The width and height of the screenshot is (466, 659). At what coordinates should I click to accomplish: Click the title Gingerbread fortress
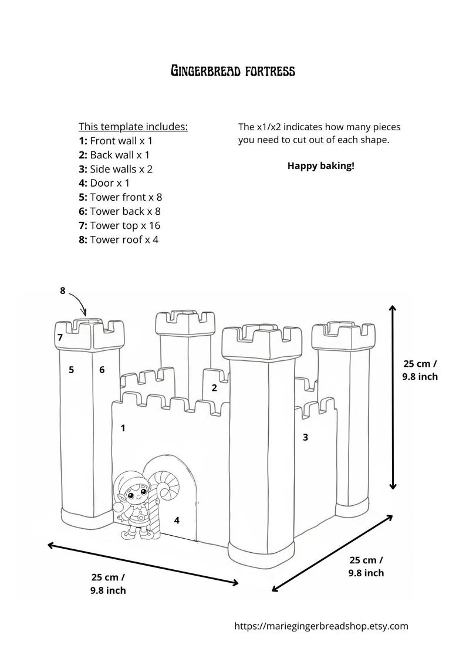coord(232,72)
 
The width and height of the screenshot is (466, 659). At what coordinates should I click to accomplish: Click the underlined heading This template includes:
coord(133,127)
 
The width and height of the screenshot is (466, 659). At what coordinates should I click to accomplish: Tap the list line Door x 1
coord(104,183)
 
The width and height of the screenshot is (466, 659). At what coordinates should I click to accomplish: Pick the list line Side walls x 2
coord(116,169)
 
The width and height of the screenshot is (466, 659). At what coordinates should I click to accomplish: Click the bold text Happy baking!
coord(320,165)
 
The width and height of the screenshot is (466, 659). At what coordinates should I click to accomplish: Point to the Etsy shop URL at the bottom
coord(321,626)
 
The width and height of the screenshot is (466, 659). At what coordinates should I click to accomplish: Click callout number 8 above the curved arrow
coord(63,290)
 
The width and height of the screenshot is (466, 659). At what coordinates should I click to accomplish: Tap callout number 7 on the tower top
coord(60,337)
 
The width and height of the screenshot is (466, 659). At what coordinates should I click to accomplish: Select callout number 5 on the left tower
coord(71,370)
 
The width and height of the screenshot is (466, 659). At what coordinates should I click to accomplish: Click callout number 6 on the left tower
coord(102,370)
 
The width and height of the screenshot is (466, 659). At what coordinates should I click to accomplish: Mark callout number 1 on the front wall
coord(123,428)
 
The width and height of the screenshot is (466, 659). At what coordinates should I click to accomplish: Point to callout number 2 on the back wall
coord(214,387)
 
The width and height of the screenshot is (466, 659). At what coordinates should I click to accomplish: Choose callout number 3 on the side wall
coord(305,437)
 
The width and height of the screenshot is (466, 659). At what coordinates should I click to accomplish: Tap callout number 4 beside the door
coord(177,520)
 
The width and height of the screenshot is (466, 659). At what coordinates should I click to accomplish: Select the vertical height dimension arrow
coord(393,397)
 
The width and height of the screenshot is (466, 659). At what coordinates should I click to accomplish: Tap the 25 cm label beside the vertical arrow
coord(420,370)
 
